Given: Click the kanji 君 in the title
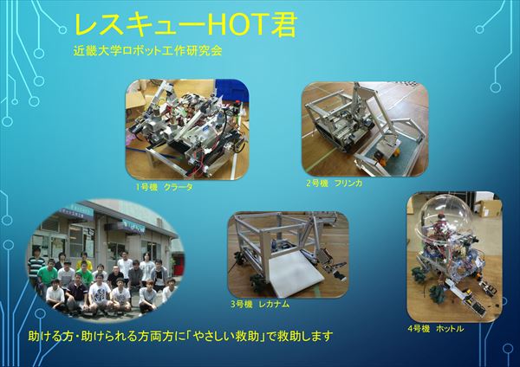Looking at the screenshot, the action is [283, 25].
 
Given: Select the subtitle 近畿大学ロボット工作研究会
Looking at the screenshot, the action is [147, 51].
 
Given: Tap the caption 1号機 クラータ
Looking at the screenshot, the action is [164, 187].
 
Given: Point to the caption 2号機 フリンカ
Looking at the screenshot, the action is [335, 183].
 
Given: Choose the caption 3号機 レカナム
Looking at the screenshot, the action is [260, 304].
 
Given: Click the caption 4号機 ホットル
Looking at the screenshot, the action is [436, 329].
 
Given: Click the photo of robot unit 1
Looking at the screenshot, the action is [187, 129].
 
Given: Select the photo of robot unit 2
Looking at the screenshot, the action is [365, 129].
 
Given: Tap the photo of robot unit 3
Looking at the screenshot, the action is [289, 255].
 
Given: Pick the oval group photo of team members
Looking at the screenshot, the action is [106, 260].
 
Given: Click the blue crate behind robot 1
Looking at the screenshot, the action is [232, 91].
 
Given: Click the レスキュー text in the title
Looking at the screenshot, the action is [134, 25].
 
